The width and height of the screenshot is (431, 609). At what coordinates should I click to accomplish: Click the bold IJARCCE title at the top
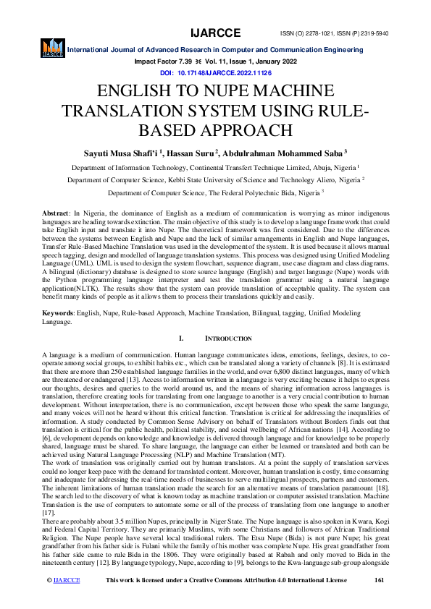click(215, 14)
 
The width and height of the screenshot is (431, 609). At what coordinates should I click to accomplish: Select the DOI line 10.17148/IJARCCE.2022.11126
click(215, 73)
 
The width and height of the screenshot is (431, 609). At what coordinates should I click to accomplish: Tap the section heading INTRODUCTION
click(228, 338)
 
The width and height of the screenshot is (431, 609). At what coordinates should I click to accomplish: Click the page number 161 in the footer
click(378, 600)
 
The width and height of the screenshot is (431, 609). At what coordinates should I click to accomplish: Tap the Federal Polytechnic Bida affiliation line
click(215, 193)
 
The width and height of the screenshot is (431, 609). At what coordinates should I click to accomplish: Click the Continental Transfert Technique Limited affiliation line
click(215, 166)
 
